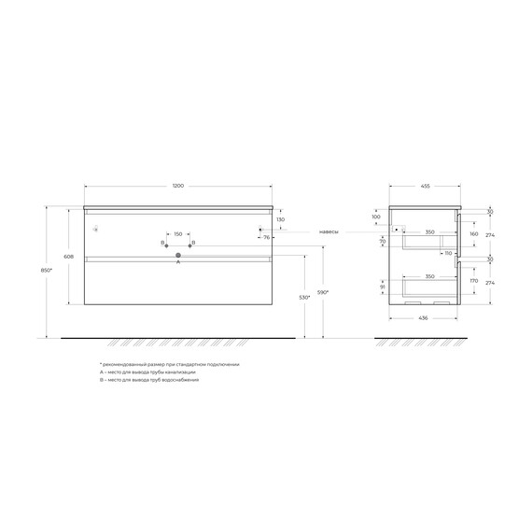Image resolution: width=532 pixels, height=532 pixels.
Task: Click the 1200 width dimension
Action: click(x=178, y=187)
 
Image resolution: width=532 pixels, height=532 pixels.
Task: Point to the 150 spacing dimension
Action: click(x=177, y=234)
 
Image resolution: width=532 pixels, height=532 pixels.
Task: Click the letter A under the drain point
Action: click(x=178, y=263)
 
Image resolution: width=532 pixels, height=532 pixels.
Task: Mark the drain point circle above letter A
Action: click(x=178, y=255)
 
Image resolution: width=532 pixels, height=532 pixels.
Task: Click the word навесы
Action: click(x=329, y=231)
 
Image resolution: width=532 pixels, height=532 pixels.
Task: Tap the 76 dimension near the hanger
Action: click(x=266, y=238)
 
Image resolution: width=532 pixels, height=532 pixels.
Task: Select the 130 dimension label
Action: click(x=281, y=219)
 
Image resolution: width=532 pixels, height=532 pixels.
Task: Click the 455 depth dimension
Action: click(x=426, y=187)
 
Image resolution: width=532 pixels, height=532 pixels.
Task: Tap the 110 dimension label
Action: click(x=447, y=253)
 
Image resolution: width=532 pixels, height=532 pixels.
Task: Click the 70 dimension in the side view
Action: click(x=383, y=241)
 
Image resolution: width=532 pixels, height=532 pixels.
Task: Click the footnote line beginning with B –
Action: click(x=148, y=381)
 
